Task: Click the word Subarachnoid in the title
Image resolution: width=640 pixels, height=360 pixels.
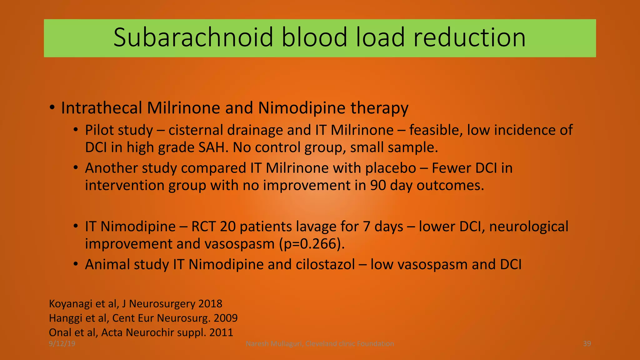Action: tap(193, 38)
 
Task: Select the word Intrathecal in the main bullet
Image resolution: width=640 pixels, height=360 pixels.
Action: tap(102, 108)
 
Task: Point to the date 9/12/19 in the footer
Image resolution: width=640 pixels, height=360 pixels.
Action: tap(62, 344)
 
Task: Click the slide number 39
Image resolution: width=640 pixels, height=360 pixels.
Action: tap(587, 344)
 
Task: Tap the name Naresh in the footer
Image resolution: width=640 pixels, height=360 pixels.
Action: tap(257, 344)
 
